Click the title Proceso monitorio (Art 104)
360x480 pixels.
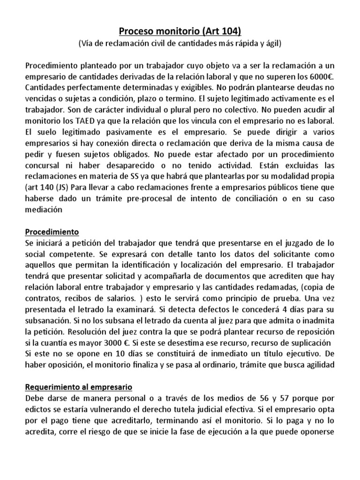(180, 31)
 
